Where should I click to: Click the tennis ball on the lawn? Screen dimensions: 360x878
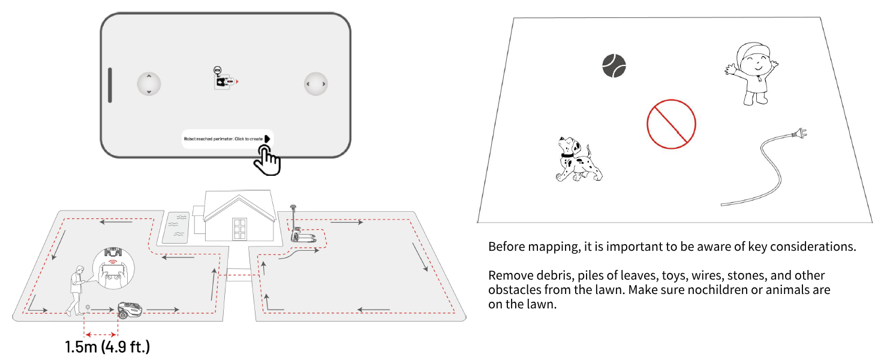click(x=614, y=65)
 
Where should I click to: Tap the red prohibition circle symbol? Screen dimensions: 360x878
click(x=671, y=124)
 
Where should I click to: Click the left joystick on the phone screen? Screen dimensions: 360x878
click(x=149, y=84)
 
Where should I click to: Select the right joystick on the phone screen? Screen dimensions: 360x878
click(x=315, y=84)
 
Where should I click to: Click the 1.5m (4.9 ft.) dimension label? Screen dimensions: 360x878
click(x=107, y=347)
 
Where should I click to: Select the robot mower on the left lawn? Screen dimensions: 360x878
click(x=130, y=309)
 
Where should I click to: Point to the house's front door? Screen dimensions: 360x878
click(x=240, y=229)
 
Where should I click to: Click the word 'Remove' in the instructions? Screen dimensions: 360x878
click(x=508, y=275)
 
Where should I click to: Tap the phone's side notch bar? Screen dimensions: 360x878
click(x=110, y=85)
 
